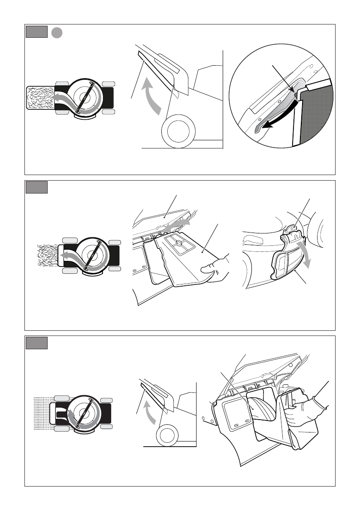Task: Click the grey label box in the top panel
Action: (x=36, y=32)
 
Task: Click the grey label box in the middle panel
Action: (x=36, y=187)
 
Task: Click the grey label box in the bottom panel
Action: (x=36, y=343)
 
